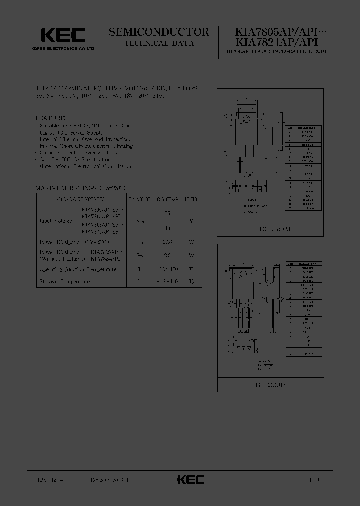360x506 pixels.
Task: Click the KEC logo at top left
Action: (63, 35)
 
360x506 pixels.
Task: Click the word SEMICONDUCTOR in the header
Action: (159, 32)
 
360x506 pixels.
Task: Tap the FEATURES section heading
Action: (51, 118)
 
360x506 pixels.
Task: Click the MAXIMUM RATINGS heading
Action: (73, 188)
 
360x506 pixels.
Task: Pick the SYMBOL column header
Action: (140, 199)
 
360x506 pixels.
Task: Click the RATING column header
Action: (167, 199)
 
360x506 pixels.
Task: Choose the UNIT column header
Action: (191, 199)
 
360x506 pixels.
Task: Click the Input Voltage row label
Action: (56, 220)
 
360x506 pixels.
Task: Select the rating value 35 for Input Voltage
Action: (167, 213)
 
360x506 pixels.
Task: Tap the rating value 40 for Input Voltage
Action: (167, 228)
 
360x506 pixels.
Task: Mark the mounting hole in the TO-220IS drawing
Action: (243, 273)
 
